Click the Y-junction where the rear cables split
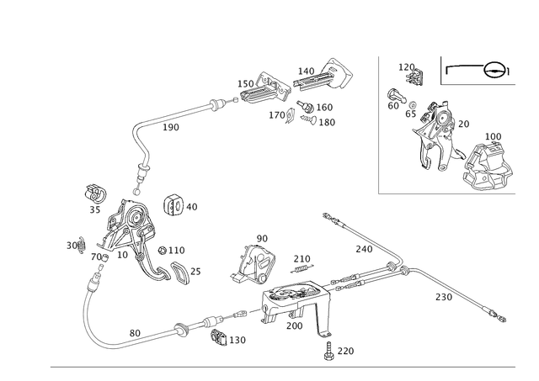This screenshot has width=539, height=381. click(x=397, y=267)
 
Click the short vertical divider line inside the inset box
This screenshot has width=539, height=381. click(x=440, y=72)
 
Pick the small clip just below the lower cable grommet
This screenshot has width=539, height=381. click(x=221, y=339)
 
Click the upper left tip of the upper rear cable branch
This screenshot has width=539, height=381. click(x=325, y=214)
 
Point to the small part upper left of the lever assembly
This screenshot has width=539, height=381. click(x=94, y=196)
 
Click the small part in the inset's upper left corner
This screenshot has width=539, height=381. click(x=410, y=74)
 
